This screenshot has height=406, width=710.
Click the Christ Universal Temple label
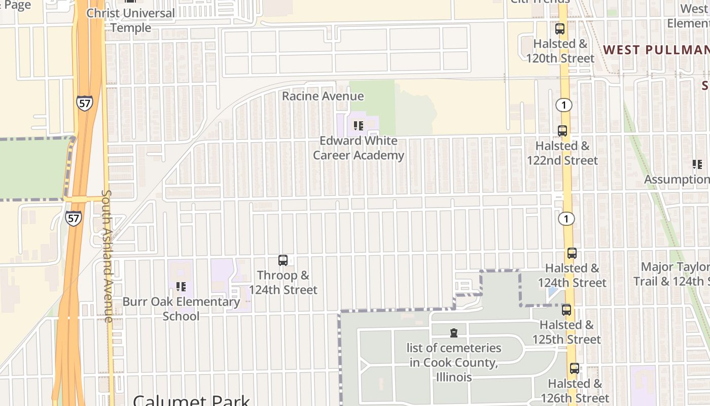click(130, 20)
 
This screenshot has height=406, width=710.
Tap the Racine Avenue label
click(323, 96)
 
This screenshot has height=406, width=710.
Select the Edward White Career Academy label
click(358, 148)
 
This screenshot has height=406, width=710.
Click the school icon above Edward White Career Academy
click(358, 125)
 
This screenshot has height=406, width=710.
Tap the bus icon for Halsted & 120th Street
click(560, 29)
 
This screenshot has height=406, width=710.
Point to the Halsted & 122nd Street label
click(562, 153)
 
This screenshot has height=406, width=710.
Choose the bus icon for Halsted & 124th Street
click(572, 253)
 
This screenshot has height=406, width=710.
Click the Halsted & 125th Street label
click(566, 332)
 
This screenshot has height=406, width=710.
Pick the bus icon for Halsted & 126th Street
click(574, 368)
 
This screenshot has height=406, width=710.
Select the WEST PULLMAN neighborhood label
click(656, 50)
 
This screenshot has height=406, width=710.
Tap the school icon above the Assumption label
click(697, 164)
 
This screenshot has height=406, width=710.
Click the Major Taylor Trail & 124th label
click(672, 274)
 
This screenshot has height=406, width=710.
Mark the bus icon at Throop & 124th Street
click(283, 260)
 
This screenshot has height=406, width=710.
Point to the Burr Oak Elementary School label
click(181, 309)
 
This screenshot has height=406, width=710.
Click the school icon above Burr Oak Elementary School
click(181, 287)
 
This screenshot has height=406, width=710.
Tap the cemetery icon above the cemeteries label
click(454, 333)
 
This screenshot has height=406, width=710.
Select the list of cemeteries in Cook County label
click(454, 362)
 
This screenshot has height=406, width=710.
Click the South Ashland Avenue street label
click(107, 256)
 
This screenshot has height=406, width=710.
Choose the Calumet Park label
click(191, 400)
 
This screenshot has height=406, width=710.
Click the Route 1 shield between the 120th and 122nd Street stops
click(563, 105)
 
